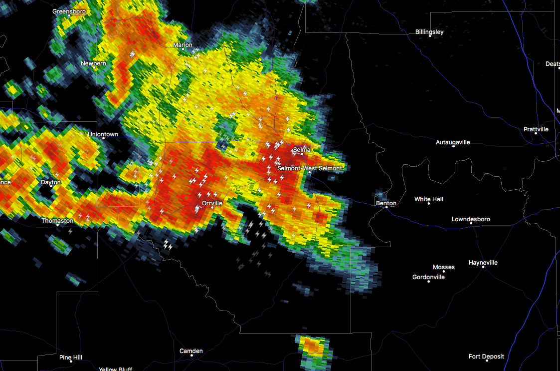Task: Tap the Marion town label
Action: pos(183,45)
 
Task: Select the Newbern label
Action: pos(93,63)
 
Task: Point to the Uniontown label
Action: pos(103,134)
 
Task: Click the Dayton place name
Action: pos(50,182)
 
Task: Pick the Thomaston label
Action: pos(57,220)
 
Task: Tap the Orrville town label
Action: pos(212,203)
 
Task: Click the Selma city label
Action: pos(302,149)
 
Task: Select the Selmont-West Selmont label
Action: pos(310,168)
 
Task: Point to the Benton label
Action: pos(386,203)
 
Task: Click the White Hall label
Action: pos(429,199)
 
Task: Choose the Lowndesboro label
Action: pos(471,219)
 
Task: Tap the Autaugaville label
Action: pos(453,142)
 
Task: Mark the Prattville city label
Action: pos(536,129)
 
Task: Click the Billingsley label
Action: pos(429,32)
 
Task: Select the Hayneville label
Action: pos(483,263)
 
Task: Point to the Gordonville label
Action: pos(428,277)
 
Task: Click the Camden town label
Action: pos(191,351)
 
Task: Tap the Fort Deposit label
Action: pos(486,357)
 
